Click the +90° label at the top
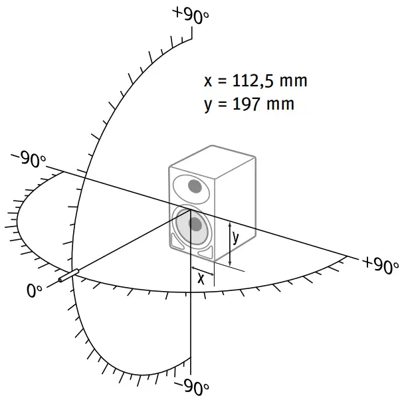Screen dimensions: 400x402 click(x=190, y=15)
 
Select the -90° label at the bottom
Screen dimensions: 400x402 click(x=191, y=386)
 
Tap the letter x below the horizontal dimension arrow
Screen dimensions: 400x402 click(x=201, y=279)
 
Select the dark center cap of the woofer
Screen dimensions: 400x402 click(x=195, y=224)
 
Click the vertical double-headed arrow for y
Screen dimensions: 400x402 click(x=229, y=243)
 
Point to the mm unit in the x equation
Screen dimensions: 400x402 click(x=294, y=82)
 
